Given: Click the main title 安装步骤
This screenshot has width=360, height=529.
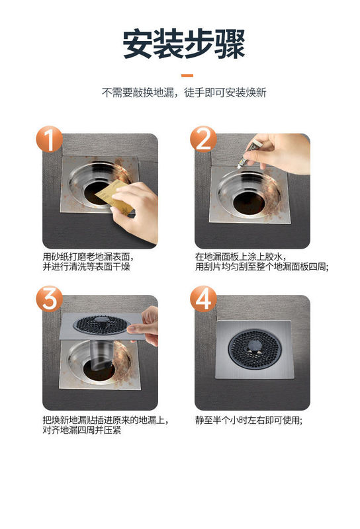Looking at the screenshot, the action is click(x=183, y=44).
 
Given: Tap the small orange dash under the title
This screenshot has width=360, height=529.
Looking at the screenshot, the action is click(x=187, y=75).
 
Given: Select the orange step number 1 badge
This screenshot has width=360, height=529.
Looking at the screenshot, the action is click(x=50, y=139).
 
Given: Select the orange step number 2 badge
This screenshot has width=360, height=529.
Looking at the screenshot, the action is click(x=203, y=139).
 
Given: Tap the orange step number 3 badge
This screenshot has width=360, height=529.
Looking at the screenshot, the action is click(x=50, y=299).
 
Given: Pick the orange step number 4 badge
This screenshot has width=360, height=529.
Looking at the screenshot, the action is click(x=203, y=299).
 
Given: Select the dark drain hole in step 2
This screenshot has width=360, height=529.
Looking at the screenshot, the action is click(x=249, y=203).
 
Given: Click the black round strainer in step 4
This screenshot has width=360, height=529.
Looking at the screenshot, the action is click(x=255, y=348).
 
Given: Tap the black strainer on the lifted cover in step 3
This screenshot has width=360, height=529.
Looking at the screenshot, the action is click(x=101, y=325).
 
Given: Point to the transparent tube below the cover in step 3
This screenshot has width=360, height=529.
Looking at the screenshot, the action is click(x=101, y=354).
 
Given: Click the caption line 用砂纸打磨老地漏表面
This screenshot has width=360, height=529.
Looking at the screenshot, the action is click(x=89, y=257).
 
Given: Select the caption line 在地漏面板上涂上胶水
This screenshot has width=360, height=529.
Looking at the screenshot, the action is click(x=241, y=257).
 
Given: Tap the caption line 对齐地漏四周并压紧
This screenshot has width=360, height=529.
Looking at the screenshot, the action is click(x=81, y=430).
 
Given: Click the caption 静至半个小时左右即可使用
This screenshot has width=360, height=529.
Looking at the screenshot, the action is click(x=249, y=420).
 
